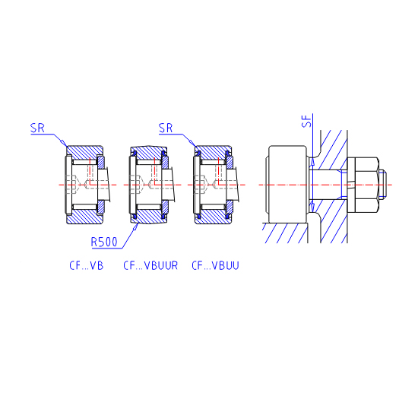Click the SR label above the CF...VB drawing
tap(37, 128)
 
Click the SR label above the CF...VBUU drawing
tap(166, 128)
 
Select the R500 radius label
tap(104, 242)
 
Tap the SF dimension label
tap(308, 121)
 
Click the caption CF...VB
tap(86, 265)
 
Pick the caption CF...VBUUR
tap(150, 265)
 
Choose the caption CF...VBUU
tap(215, 265)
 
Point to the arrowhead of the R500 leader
tap(136, 227)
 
